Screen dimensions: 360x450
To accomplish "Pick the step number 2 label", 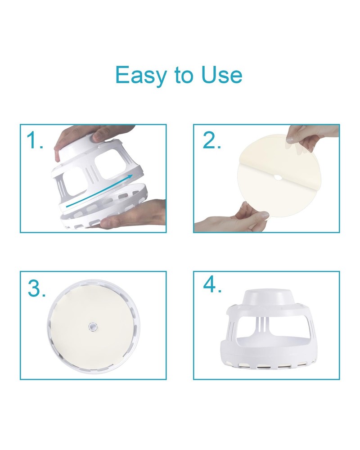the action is point(212,140).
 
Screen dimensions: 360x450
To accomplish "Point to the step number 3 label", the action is point(36,288).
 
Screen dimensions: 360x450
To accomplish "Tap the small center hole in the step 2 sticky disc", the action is point(278,177).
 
